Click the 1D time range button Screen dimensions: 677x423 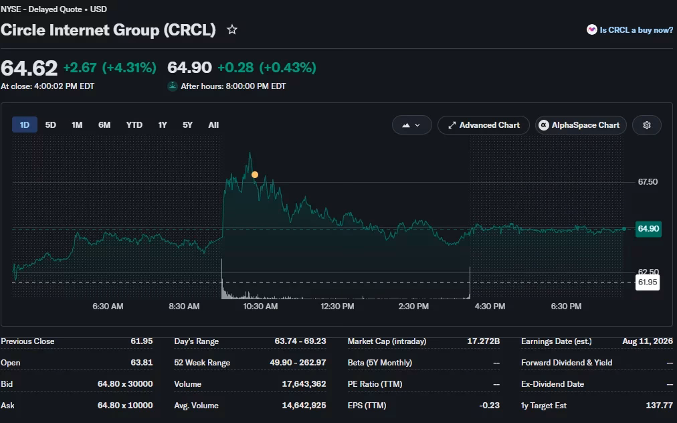(25, 125)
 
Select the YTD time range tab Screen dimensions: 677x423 (134, 125)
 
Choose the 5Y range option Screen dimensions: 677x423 (187, 125)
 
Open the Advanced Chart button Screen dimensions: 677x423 (484, 125)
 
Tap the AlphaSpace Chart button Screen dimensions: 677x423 (581, 125)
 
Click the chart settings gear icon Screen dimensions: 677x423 (647, 125)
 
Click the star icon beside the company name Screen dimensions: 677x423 (232, 29)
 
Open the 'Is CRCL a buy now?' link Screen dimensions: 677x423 (630, 30)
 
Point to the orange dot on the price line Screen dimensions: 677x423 (255, 175)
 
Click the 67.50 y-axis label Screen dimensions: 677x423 (648, 182)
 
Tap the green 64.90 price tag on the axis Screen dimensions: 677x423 (648, 228)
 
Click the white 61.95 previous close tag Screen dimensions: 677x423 (648, 282)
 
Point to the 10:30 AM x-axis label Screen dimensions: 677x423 (260, 307)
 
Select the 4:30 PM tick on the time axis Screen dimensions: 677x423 (490, 307)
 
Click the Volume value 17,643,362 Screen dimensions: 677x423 (304, 384)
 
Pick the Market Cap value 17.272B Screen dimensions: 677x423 (483, 341)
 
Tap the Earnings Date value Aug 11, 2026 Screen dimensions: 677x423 (648, 341)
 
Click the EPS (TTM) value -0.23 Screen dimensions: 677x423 (489, 406)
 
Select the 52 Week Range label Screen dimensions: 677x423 (202, 363)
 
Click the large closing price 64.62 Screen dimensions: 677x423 (29, 68)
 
